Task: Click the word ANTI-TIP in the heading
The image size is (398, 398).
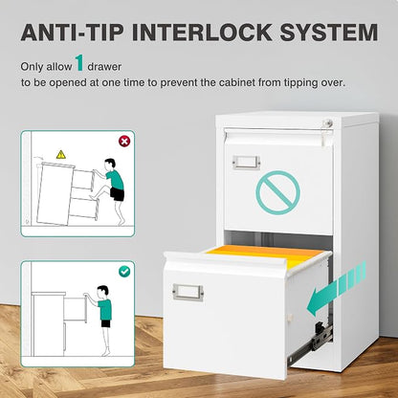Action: (72, 33)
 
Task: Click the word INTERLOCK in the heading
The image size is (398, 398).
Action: (202, 33)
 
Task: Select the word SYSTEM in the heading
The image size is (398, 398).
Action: (329, 33)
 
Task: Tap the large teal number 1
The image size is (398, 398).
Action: (79, 63)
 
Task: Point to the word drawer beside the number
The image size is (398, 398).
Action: (104, 67)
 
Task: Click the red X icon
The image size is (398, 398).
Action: (124, 141)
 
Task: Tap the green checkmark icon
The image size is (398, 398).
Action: (124, 272)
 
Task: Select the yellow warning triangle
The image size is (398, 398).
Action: (61, 155)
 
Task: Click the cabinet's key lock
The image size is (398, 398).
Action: (328, 122)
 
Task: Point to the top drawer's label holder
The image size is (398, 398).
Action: (246, 162)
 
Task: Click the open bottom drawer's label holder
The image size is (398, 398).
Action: (188, 292)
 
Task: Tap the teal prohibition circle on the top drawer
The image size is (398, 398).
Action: (277, 192)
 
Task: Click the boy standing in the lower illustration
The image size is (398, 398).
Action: (100, 320)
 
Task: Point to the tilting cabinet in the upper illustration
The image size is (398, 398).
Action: (67, 193)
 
